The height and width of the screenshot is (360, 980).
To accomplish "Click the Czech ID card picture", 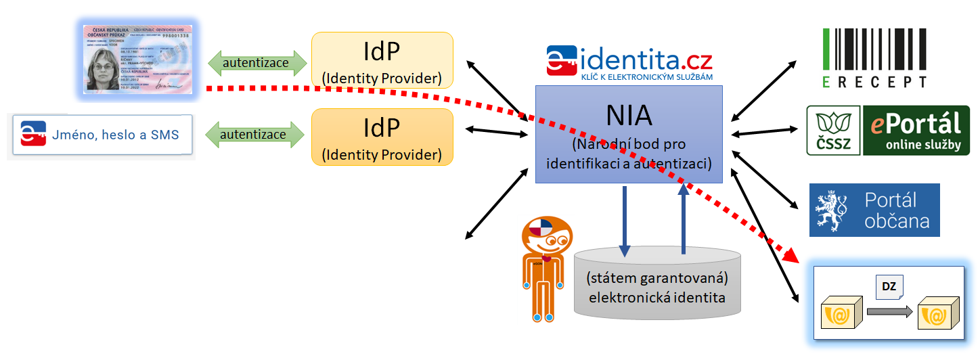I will (x=138, y=59).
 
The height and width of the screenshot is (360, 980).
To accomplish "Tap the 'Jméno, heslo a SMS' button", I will (x=102, y=135).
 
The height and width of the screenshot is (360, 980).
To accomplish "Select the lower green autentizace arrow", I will (x=254, y=135).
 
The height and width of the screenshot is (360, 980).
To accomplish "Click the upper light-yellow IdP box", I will (x=382, y=60).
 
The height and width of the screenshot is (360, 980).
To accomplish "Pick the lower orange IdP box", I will (x=382, y=136).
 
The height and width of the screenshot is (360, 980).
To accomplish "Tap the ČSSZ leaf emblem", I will (x=833, y=130).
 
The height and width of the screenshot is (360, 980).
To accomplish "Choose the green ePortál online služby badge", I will (x=916, y=130).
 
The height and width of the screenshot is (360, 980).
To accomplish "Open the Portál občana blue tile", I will (x=874, y=210).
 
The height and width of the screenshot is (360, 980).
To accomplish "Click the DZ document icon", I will (x=889, y=287).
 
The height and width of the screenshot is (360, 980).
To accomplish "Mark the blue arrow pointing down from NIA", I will (x=625, y=221).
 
